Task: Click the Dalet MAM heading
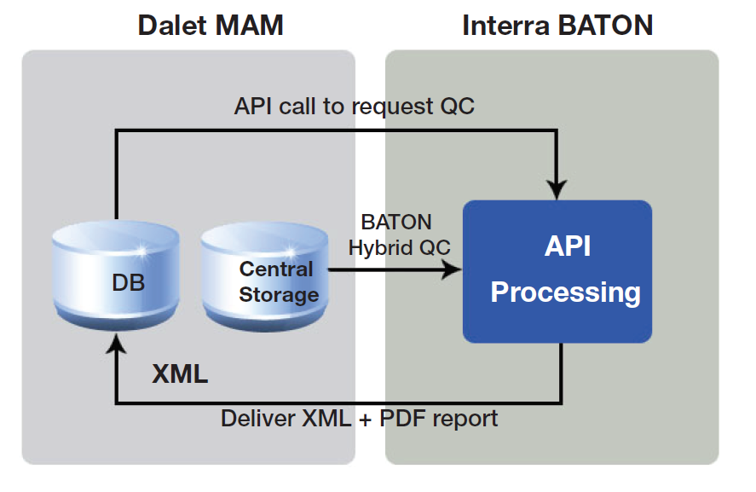[210, 25]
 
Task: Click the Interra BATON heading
[557, 25]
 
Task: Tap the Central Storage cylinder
[264, 273]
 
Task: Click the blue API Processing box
[557, 270]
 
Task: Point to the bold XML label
[180, 373]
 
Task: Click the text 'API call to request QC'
[354, 107]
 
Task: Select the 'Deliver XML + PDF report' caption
[359, 419]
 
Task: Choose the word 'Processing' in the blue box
[565, 292]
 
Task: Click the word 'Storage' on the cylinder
[279, 295]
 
